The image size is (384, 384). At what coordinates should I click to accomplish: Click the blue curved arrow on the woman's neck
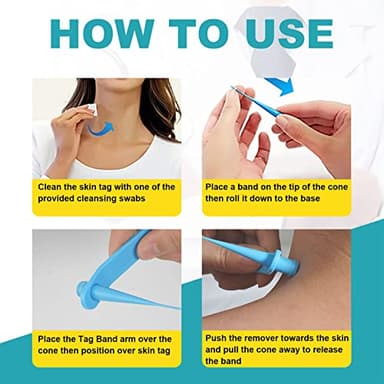click(97, 126)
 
